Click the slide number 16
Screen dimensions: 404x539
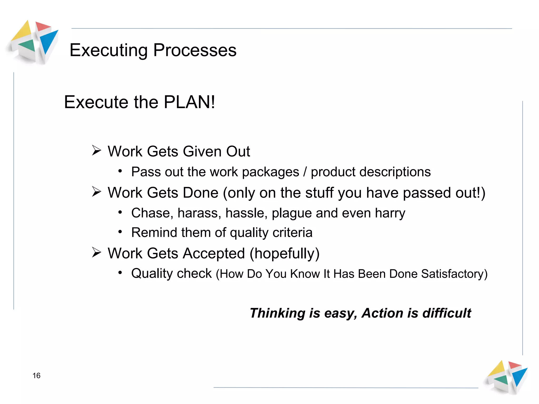pos(36,375)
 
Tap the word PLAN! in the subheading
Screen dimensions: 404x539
pos(189,102)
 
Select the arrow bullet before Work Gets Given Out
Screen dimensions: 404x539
pos(97,150)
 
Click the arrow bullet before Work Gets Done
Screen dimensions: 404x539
pos(97,192)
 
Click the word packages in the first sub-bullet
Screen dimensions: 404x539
pos(270,172)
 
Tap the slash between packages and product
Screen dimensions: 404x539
pos(305,172)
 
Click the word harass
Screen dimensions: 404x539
pos(199,213)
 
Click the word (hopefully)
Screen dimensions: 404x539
pos(284,254)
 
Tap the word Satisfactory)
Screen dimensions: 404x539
pos(454,274)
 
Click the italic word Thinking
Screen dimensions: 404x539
pos(277,313)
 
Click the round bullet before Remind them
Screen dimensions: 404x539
pos(120,232)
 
